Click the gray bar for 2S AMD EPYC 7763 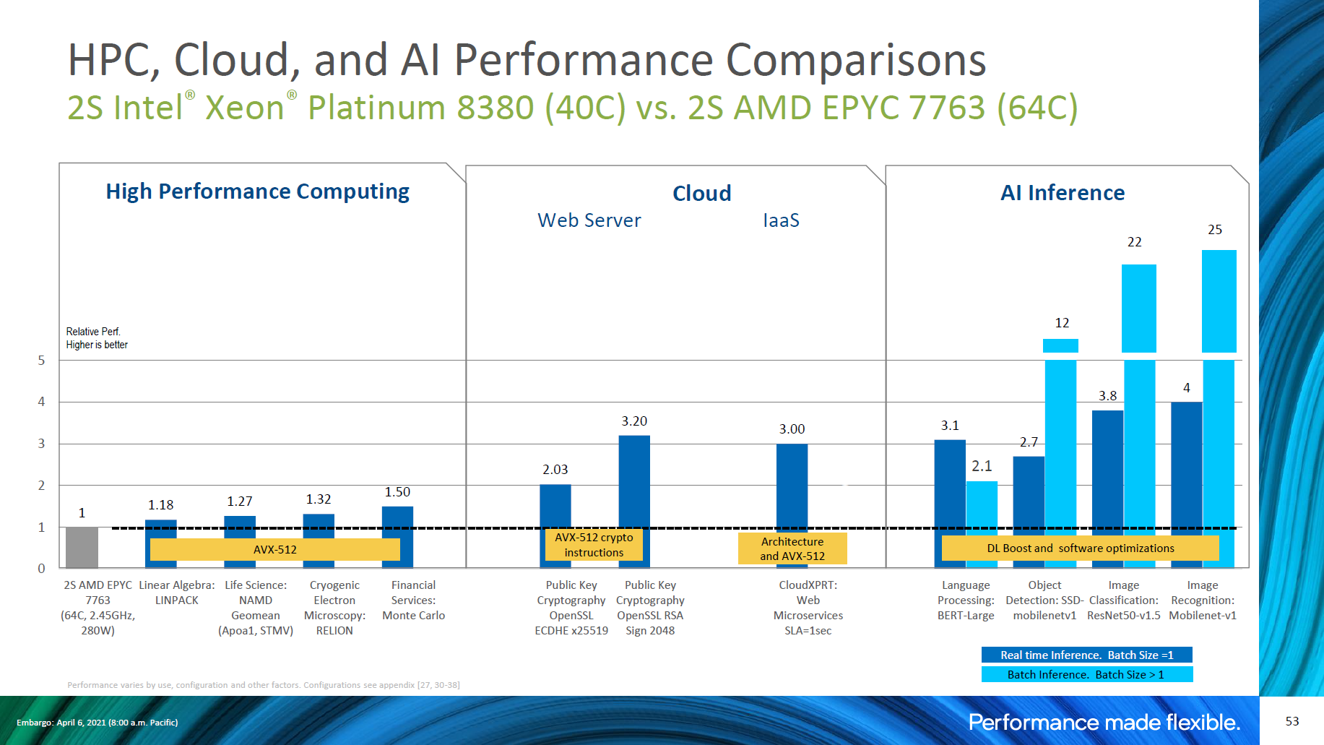click(x=82, y=547)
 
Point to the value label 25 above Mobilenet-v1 click(x=1215, y=230)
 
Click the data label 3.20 click(x=634, y=421)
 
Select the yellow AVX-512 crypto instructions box click(x=594, y=545)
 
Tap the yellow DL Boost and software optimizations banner click(x=1080, y=548)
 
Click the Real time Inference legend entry click(x=1086, y=655)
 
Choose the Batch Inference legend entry click(x=1086, y=674)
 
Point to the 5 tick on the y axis click(x=41, y=361)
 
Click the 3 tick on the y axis click(x=41, y=444)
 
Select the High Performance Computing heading click(x=257, y=191)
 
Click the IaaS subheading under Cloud click(x=781, y=220)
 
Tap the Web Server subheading click(x=589, y=220)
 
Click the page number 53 click(x=1292, y=721)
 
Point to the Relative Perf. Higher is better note click(x=97, y=338)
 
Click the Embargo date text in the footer click(x=97, y=723)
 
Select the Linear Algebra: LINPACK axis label click(x=176, y=593)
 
